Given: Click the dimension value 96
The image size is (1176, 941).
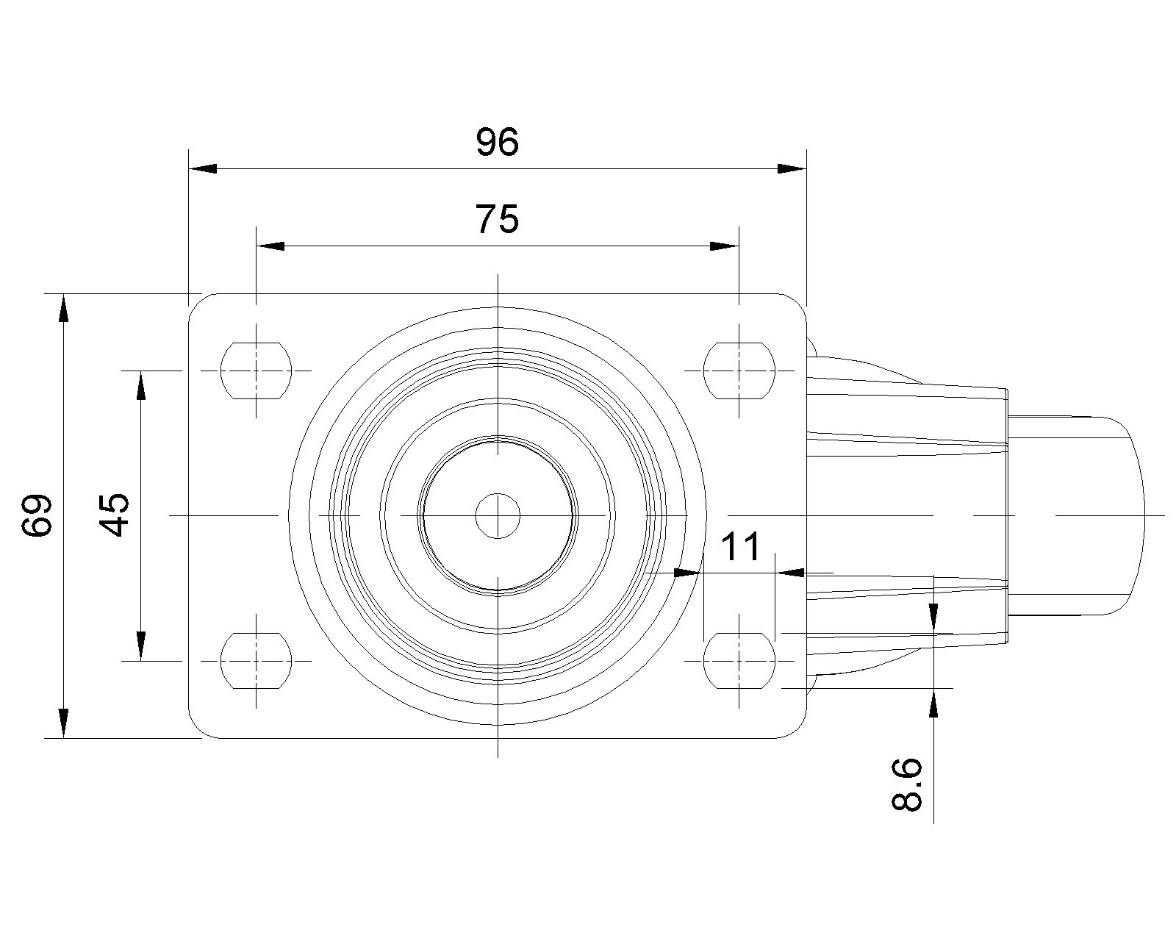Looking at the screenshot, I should tap(498, 143).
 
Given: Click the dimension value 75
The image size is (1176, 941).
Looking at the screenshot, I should tap(498, 219).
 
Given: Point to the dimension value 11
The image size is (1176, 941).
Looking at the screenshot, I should tap(740, 547).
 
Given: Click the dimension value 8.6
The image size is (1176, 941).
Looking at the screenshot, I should tap(907, 785).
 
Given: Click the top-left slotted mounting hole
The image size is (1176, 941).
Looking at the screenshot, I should tap(256, 371).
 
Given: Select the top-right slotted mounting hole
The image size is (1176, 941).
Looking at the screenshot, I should tap(739, 371).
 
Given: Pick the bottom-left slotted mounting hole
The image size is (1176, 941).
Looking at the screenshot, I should tap(256, 660).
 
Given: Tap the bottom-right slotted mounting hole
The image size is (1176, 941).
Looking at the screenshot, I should tap(739, 660).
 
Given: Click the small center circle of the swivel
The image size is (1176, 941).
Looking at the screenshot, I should tap(498, 515).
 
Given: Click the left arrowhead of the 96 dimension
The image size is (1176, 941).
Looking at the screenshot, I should tap(203, 169).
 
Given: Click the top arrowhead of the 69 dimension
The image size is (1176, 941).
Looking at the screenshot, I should tap(64, 308).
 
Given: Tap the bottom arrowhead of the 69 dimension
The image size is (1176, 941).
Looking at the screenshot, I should tap(64, 723).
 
